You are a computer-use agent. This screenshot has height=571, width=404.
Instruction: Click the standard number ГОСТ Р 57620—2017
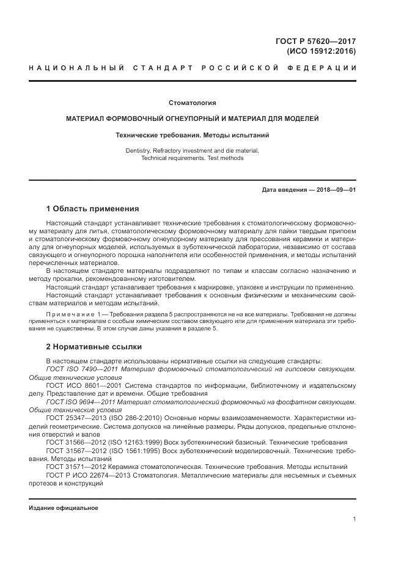coord(316,41)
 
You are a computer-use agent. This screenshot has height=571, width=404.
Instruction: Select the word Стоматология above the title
coord(193,103)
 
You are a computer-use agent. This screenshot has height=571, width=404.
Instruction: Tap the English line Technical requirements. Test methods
coord(193,158)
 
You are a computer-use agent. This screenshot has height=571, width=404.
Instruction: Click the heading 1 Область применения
coord(93,208)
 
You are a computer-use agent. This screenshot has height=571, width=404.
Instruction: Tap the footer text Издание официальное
coord(64,508)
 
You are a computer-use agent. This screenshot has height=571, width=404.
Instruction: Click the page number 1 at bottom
coord(354,519)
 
